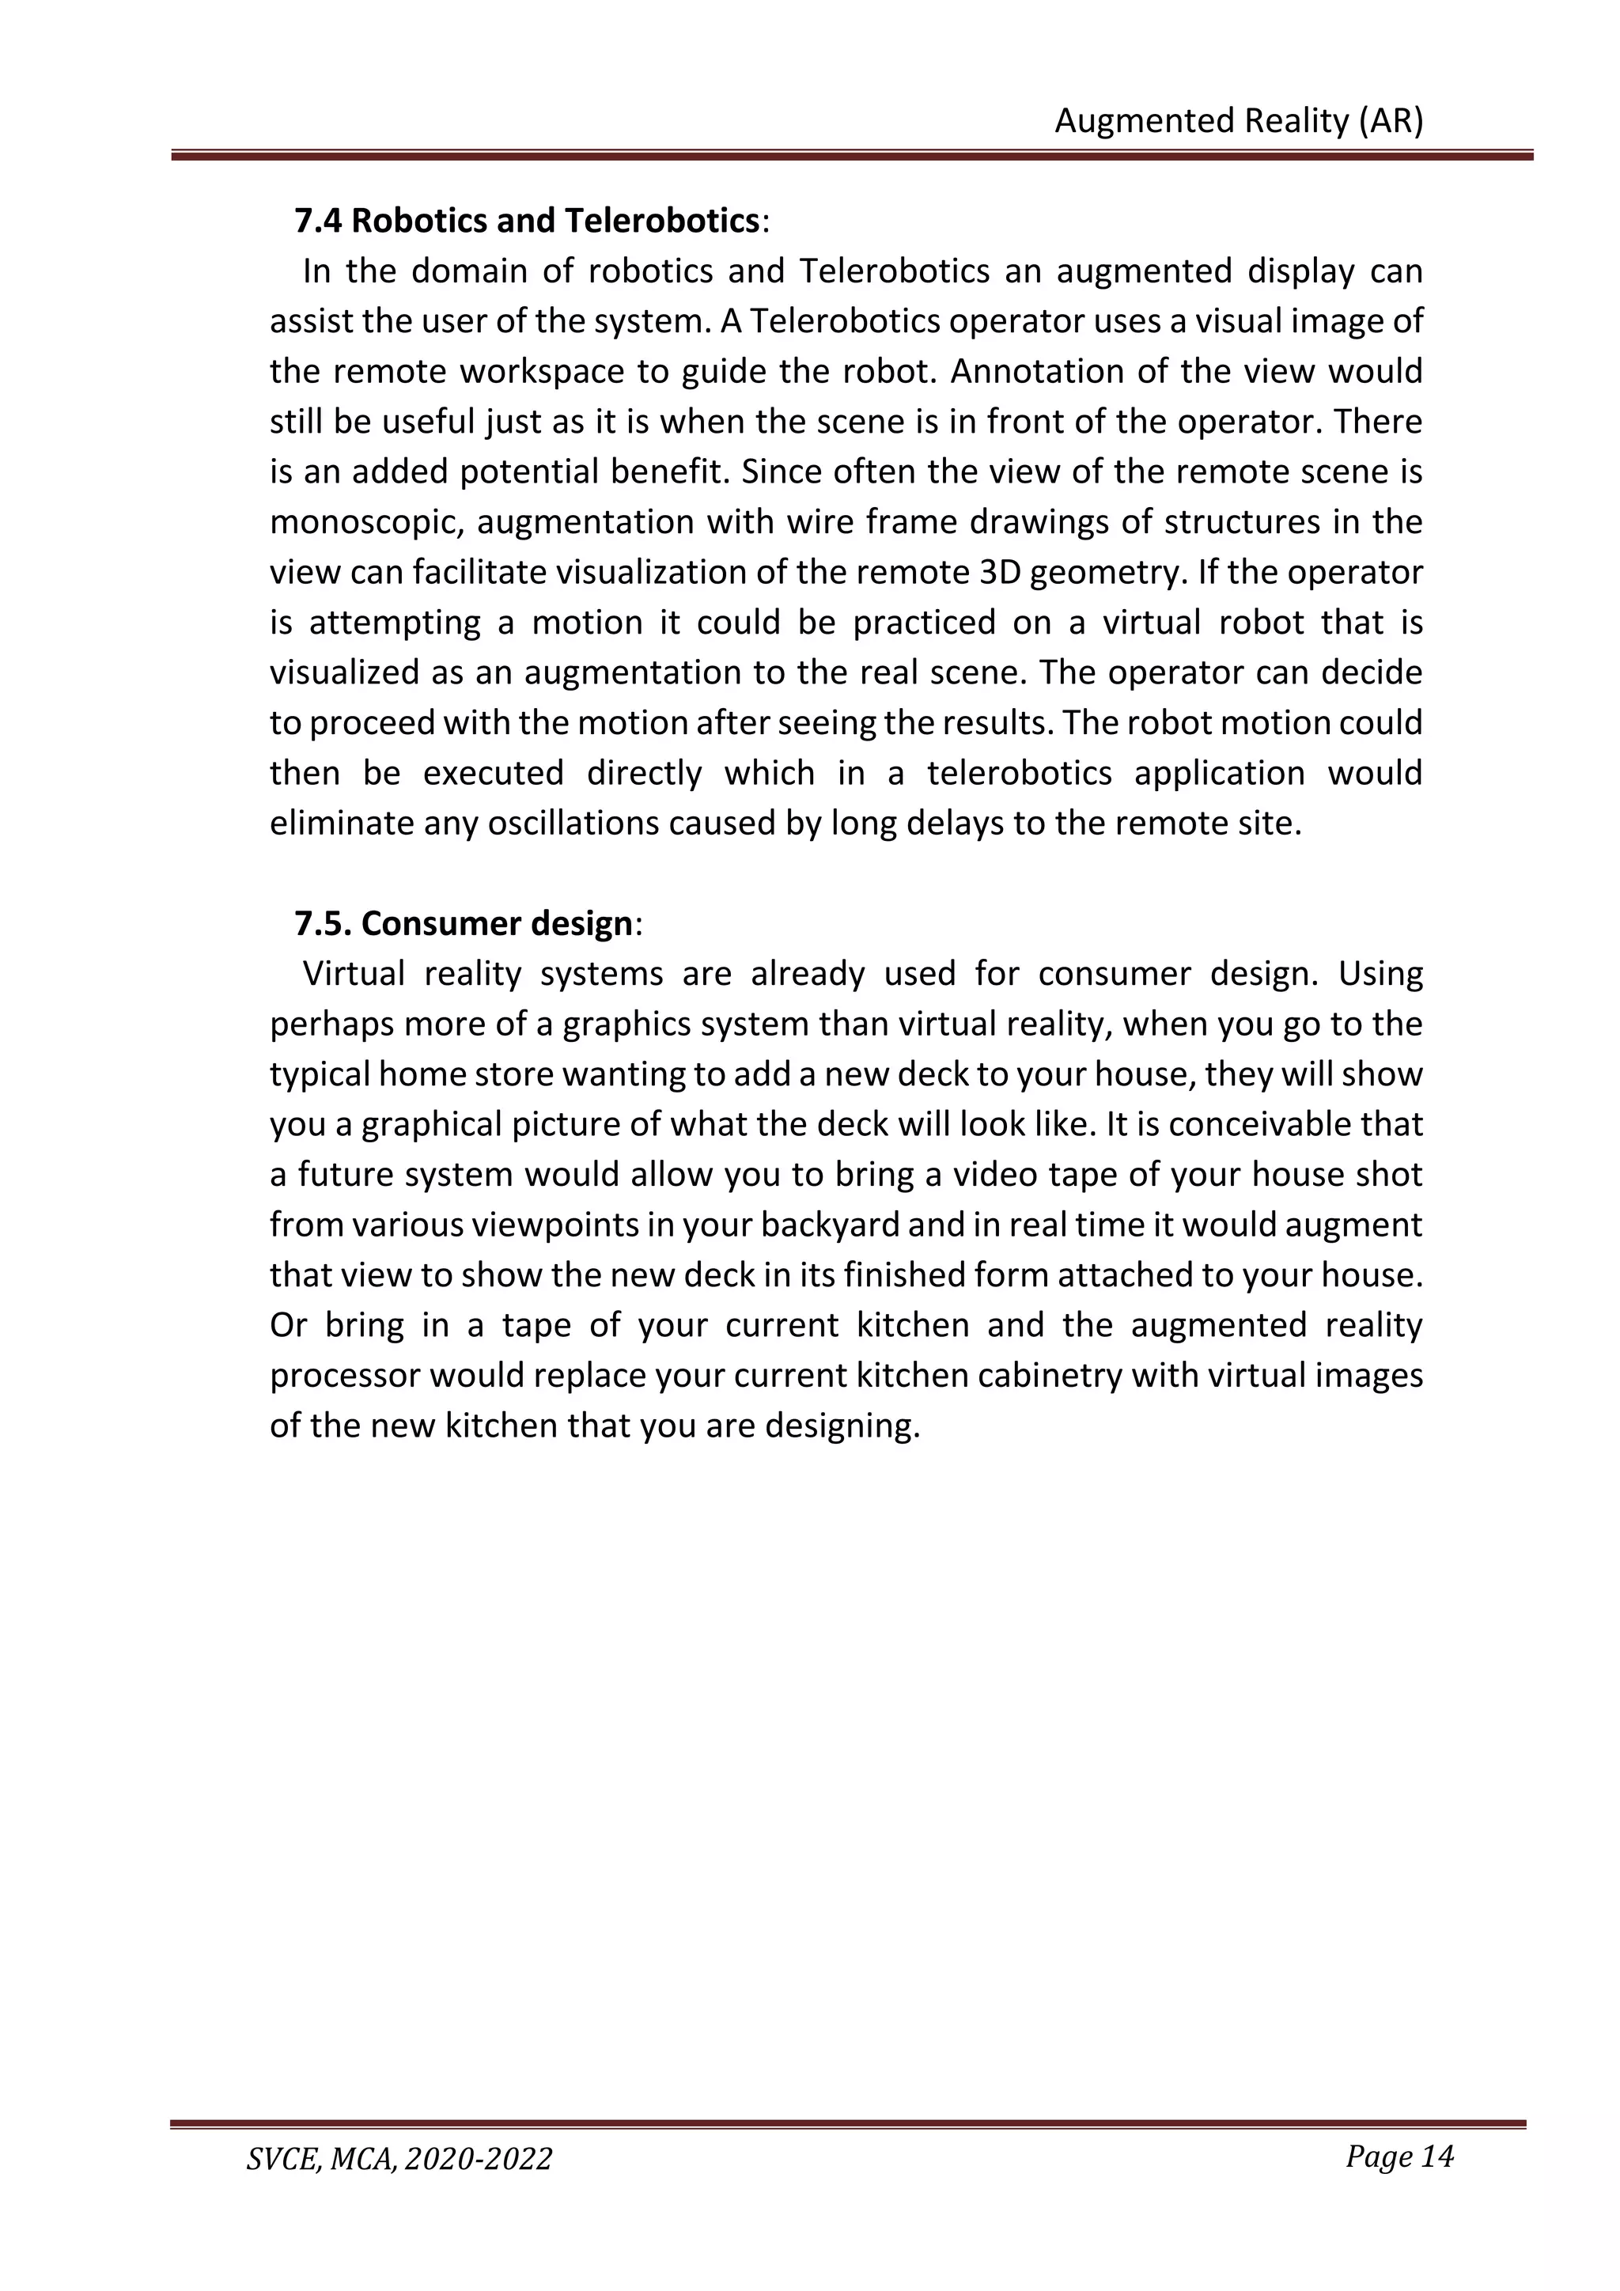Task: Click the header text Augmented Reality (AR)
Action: point(1238,121)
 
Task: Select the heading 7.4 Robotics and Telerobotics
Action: point(528,221)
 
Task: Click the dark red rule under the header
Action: point(851,156)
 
